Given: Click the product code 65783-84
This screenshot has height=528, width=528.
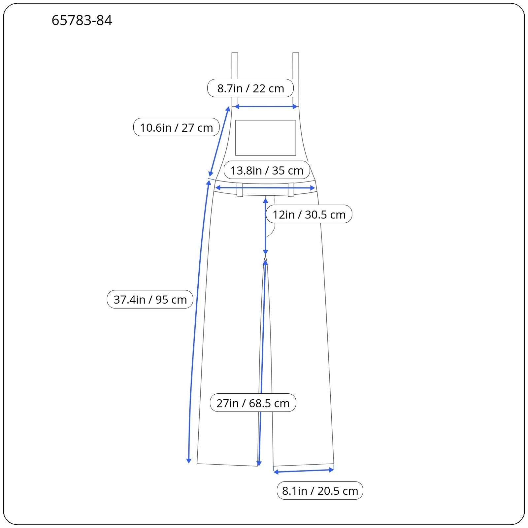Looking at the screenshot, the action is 82,20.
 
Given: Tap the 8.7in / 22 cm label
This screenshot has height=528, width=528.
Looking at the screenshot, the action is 250,88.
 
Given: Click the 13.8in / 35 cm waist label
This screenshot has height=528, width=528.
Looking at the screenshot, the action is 267,170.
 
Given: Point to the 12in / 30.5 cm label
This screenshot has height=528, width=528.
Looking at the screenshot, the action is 309,214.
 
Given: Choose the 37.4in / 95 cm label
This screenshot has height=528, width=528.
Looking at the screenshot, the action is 150,299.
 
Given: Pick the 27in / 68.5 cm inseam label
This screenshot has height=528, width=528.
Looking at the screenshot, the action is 253,403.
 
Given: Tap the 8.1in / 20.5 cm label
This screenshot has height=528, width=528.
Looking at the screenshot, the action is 320,490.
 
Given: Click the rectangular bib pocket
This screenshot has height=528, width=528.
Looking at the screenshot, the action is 266,138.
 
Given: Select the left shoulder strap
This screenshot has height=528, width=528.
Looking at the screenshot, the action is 235,79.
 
